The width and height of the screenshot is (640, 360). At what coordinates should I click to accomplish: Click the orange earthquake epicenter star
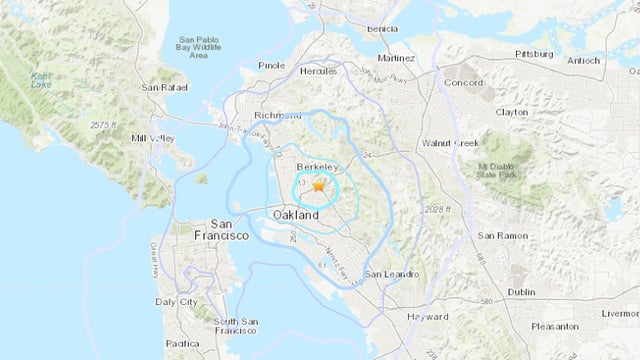coord(319,185)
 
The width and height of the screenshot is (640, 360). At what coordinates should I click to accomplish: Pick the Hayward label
coord(428,316)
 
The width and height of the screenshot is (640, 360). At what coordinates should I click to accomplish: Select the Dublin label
coord(521,292)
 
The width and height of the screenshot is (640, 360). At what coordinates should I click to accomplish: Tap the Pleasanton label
coord(554,326)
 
